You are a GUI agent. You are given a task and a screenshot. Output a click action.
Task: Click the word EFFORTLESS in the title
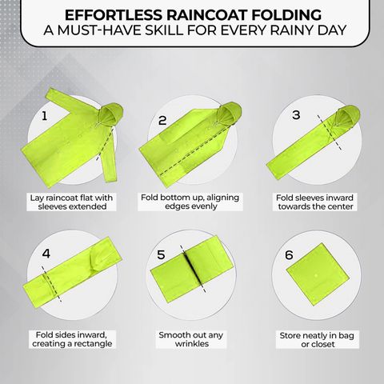point(114,14)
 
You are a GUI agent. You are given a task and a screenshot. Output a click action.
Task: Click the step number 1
point(45,116)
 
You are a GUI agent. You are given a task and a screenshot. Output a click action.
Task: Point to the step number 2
point(162,121)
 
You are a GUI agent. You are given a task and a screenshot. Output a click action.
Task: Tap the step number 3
point(296,115)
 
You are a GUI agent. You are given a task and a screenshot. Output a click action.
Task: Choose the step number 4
point(46,254)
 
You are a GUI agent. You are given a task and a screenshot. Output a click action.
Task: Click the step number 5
point(161,254)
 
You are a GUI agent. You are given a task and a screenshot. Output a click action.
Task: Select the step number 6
point(289,255)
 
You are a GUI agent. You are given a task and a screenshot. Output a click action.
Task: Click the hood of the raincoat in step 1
point(111,114)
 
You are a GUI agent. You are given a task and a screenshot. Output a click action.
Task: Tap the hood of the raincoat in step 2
point(230,114)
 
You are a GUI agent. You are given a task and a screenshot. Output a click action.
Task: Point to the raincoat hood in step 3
point(347,117)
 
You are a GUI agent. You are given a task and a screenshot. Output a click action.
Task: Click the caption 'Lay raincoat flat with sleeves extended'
point(72,202)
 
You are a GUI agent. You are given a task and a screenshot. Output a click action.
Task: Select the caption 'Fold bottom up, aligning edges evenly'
point(190,202)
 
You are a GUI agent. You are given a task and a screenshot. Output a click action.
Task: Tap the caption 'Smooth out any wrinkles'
point(191,339)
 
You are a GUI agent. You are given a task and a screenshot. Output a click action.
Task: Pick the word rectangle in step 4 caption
point(93,343)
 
